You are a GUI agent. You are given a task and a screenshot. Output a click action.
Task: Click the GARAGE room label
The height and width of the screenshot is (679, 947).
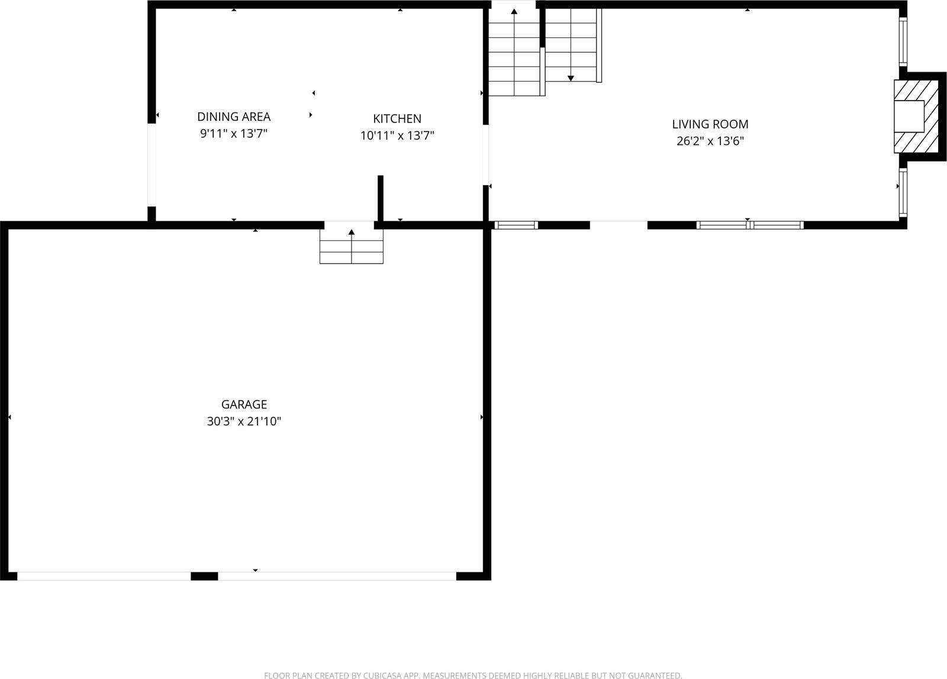pos(244,404)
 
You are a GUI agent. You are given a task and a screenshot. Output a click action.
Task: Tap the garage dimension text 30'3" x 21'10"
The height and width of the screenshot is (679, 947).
pos(244,421)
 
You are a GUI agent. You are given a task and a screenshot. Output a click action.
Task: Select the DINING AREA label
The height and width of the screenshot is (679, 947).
pos(234,117)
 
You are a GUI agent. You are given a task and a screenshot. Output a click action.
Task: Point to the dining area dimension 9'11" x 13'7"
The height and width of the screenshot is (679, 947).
pos(234,134)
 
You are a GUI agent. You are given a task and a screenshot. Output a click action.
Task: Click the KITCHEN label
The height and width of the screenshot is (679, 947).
pos(397,118)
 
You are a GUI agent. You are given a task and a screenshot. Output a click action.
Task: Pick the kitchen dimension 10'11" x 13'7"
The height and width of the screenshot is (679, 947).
pos(397,136)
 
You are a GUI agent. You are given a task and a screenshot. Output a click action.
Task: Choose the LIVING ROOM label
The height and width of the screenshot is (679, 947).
pos(710,124)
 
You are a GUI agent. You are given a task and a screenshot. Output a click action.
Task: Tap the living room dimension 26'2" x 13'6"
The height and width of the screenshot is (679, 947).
pos(710,141)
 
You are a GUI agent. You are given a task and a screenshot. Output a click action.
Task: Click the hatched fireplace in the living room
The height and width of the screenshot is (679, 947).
pos(916,117)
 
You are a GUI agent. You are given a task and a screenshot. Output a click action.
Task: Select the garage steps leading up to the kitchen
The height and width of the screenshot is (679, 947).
pos(352,246)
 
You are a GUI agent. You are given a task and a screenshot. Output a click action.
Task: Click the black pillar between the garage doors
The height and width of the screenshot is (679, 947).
pos(204,576)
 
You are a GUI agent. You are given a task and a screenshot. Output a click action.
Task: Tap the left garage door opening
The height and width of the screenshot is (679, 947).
pos(104,576)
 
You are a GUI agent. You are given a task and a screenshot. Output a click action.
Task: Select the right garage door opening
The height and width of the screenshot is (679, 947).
pos(337,576)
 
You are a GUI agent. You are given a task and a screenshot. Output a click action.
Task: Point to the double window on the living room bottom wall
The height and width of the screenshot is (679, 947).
pos(750,225)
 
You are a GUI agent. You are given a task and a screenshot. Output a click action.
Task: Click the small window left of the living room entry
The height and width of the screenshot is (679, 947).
pos(516,225)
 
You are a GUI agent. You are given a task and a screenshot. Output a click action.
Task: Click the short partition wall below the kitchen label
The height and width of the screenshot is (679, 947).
pos(381,198)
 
